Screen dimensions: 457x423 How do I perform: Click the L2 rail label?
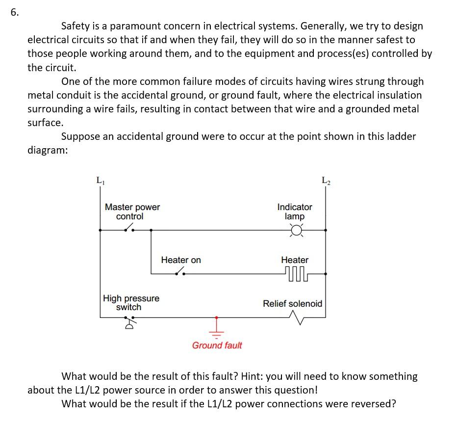click(326, 181)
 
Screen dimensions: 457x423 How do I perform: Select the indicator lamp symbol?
click(296, 230)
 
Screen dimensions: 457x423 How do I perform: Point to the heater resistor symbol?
click(295, 272)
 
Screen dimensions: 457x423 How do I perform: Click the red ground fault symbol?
click(216, 326)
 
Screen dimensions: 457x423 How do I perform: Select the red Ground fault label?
click(217, 345)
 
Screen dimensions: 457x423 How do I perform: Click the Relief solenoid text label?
click(293, 303)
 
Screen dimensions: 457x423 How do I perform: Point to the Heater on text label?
click(181, 260)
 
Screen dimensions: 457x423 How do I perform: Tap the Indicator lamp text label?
click(295, 211)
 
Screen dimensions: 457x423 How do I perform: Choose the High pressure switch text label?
click(131, 303)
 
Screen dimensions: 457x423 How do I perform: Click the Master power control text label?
click(132, 211)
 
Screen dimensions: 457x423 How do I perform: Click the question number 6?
click(14, 13)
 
